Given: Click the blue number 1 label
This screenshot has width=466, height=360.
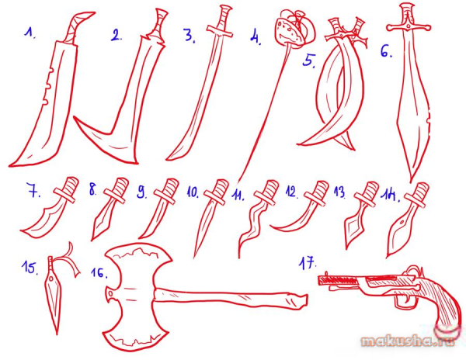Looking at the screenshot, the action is [30, 33].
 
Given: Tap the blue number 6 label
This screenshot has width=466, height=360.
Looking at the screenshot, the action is [386, 51].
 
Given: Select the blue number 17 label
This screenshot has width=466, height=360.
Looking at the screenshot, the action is [308, 263].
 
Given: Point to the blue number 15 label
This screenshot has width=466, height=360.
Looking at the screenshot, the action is [30, 268].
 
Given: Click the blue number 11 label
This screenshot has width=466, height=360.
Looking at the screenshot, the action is [238, 195].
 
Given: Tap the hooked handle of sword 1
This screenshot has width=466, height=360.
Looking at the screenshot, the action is [78, 27].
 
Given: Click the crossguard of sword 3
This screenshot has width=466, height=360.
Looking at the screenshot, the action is [219, 31].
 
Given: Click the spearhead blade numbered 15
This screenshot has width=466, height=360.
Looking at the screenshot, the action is [54, 298].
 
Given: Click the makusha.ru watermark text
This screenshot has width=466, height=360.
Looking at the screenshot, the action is [408, 340].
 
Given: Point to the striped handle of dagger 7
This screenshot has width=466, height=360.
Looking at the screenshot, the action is [71, 185].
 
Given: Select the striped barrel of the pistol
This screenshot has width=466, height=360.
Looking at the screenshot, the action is [339, 280].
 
